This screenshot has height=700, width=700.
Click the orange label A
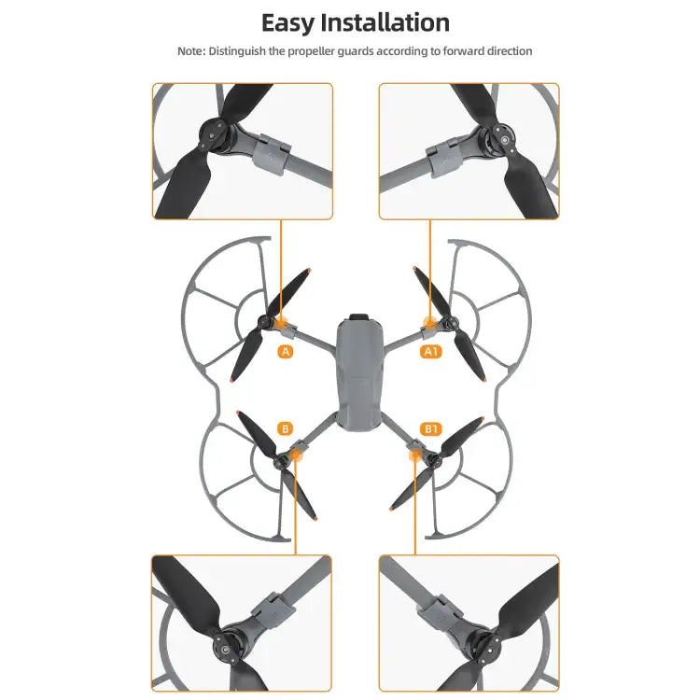(286, 352)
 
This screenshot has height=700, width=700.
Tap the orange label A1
(431, 352)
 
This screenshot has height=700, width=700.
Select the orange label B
(286, 428)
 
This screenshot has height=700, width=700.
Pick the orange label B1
(431, 428)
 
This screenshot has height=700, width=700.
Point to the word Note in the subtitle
(191, 50)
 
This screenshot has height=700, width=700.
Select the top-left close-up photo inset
(243, 151)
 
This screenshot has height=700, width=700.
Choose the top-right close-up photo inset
(469, 151)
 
